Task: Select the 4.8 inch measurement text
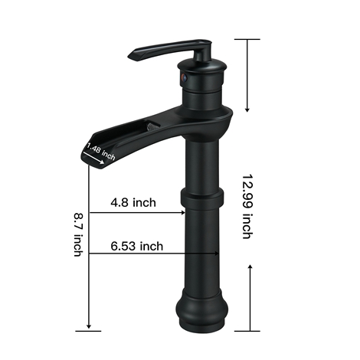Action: [133, 203]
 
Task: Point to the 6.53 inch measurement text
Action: [137, 246]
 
